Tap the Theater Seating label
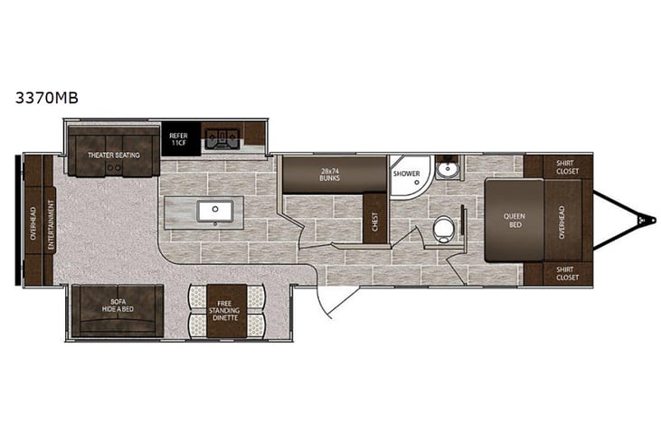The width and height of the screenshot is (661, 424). (113, 155)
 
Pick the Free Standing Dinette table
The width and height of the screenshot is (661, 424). (226, 310)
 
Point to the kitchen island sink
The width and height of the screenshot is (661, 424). (216, 211)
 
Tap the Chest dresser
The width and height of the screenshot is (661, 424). (375, 219)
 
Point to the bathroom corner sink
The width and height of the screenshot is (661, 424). (446, 169)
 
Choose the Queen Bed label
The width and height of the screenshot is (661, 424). (513, 221)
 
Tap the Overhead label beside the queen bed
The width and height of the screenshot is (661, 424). (562, 221)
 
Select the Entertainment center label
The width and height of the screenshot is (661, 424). (50, 221)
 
